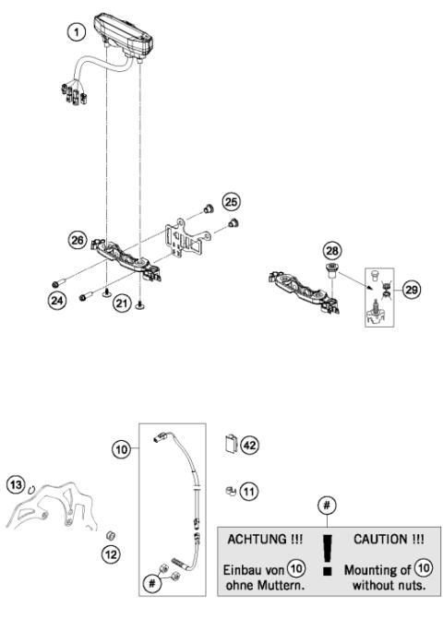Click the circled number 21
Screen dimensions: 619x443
pyautogui.click(x=119, y=302)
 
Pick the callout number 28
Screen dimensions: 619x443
pyautogui.click(x=331, y=252)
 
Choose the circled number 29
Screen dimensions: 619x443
pyautogui.click(x=411, y=288)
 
